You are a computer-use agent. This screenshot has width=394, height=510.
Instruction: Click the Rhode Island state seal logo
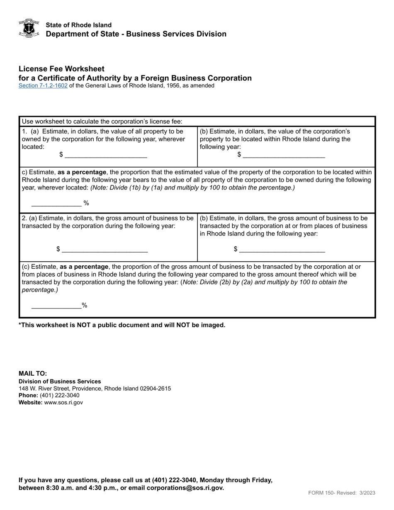pyautogui.click(x=29, y=28)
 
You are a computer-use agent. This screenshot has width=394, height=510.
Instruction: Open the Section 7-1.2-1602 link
pyautogui.click(x=43, y=86)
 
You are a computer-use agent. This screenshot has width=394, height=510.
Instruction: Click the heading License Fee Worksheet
pyautogui.click(x=61, y=69)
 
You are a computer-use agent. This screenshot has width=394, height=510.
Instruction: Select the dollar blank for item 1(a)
pyautogui.click(x=106, y=155)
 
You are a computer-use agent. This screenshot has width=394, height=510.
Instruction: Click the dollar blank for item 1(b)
pyautogui.click(x=284, y=155)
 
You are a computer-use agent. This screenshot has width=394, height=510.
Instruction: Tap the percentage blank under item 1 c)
pyautogui.click(x=56, y=203)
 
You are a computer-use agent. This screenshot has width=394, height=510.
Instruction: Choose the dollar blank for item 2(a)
pyautogui.click(x=105, y=249)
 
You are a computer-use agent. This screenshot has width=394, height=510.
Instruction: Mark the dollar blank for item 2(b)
pyautogui.click(x=282, y=249)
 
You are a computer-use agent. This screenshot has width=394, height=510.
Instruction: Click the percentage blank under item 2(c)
pyautogui.click(x=56, y=306)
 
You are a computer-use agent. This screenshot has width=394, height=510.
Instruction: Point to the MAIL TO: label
pyautogui.click(x=33, y=373)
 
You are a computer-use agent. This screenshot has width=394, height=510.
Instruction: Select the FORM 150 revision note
pyautogui.click(x=341, y=493)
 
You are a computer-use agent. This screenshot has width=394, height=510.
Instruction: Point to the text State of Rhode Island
pyautogui.click(x=79, y=25)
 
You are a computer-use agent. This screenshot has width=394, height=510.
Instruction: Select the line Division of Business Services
pyautogui.click(x=60, y=381)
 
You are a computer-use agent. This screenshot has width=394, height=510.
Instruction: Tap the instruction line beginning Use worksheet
pyautogui.click(x=102, y=121)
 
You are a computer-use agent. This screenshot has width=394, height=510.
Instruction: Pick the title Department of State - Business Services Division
pyautogui.click(x=136, y=34)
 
